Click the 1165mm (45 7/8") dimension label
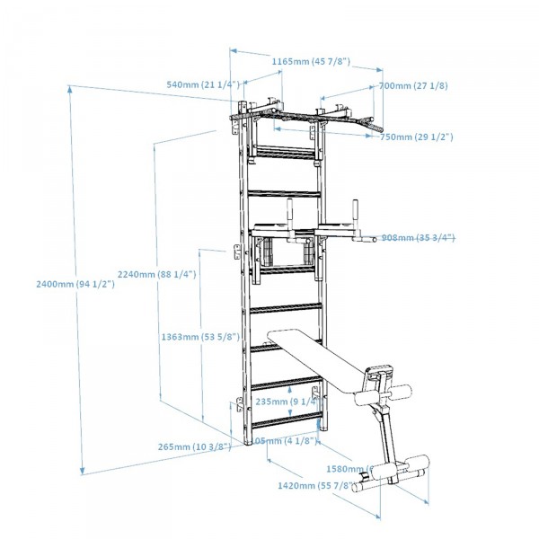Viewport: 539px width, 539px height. coord(311,61)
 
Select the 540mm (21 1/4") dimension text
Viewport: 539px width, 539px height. coord(202,84)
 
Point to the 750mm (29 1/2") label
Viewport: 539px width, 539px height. coord(415,137)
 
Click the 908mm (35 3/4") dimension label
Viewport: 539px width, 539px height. coord(418,238)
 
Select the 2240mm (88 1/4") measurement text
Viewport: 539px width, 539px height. coord(157,275)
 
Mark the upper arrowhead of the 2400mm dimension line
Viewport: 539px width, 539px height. coord(70,88)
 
